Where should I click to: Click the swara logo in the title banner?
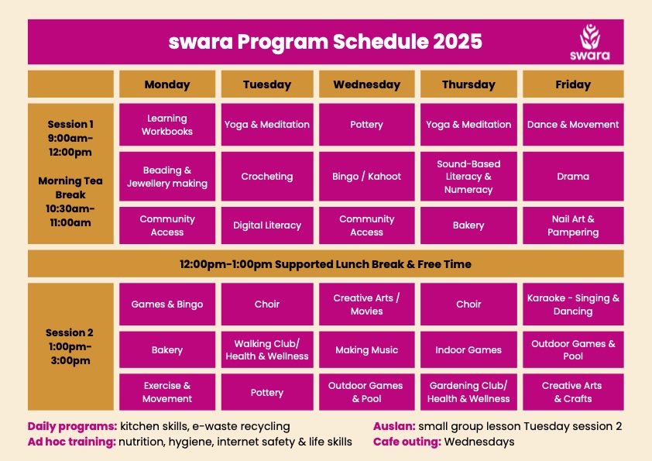[x=589, y=42]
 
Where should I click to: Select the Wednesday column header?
[x=367, y=84]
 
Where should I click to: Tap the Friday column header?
[x=573, y=84]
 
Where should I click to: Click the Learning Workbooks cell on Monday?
[x=167, y=125]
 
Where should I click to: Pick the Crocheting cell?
[x=267, y=177]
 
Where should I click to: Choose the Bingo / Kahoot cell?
[x=367, y=177]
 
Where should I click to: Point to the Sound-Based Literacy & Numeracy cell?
[x=468, y=177]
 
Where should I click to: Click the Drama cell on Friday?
[x=573, y=177]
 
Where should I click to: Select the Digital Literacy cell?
[x=267, y=225]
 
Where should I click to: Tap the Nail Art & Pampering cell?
[x=573, y=225]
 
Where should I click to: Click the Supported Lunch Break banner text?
[x=325, y=264]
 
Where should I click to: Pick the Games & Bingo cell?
[x=167, y=304]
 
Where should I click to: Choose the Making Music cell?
[x=367, y=349]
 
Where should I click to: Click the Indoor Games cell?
[x=468, y=349]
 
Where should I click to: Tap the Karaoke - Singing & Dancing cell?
[x=573, y=304]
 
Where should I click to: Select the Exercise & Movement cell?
[x=167, y=392]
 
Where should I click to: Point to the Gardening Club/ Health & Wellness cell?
[x=468, y=392]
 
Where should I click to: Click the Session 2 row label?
[x=70, y=346]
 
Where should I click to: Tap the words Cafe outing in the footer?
[x=407, y=442]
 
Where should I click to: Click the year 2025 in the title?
[x=458, y=42]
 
